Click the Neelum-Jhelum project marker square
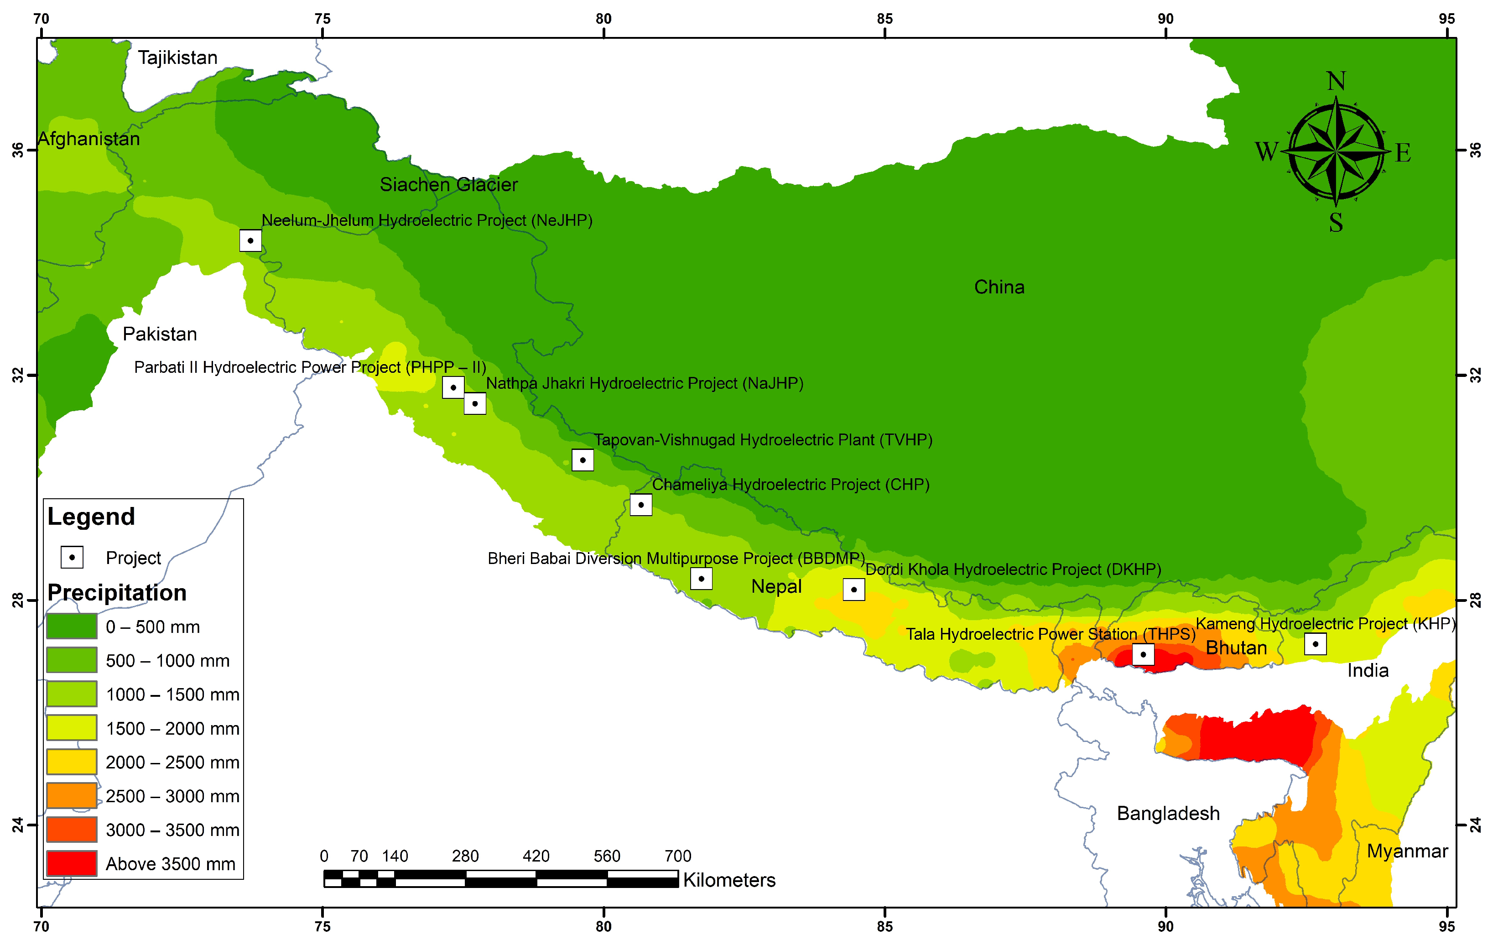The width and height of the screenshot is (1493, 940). click(250, 240)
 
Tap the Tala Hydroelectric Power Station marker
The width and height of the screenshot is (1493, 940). click(1143, 654)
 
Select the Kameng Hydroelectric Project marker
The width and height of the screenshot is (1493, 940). click(1315, 643)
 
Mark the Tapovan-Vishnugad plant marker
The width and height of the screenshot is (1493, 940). click(582, 460)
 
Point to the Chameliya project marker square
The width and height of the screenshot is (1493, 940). click(640, 505)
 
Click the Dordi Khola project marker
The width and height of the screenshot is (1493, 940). click(854, 590)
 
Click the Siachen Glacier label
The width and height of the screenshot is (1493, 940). click(448, 185)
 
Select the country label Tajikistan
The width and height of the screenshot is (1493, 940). click(177, 57)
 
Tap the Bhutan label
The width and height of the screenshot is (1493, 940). click(1236, 648)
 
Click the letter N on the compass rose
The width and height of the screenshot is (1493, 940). click(1336, 81)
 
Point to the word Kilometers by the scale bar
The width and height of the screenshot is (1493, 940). click(729, 880)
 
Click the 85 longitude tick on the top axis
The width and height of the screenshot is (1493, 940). click(885, 19)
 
